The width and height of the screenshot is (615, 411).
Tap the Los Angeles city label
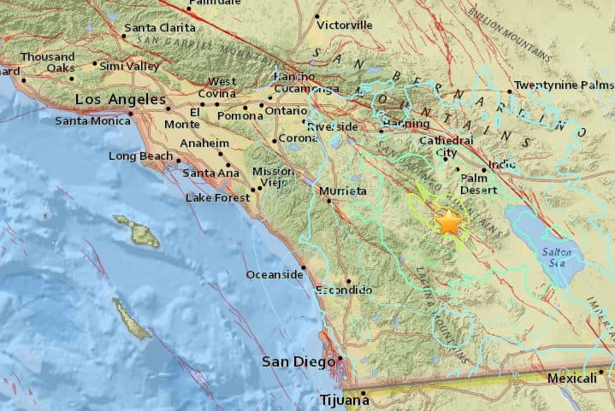118,100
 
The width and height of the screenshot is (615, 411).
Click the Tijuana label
341,399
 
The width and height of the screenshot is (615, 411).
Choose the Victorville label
345,25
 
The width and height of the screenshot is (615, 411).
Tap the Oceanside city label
275,274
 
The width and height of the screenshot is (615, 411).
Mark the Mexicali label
571,379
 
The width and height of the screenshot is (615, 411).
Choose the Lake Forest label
218,198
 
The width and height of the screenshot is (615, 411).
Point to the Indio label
501,164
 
